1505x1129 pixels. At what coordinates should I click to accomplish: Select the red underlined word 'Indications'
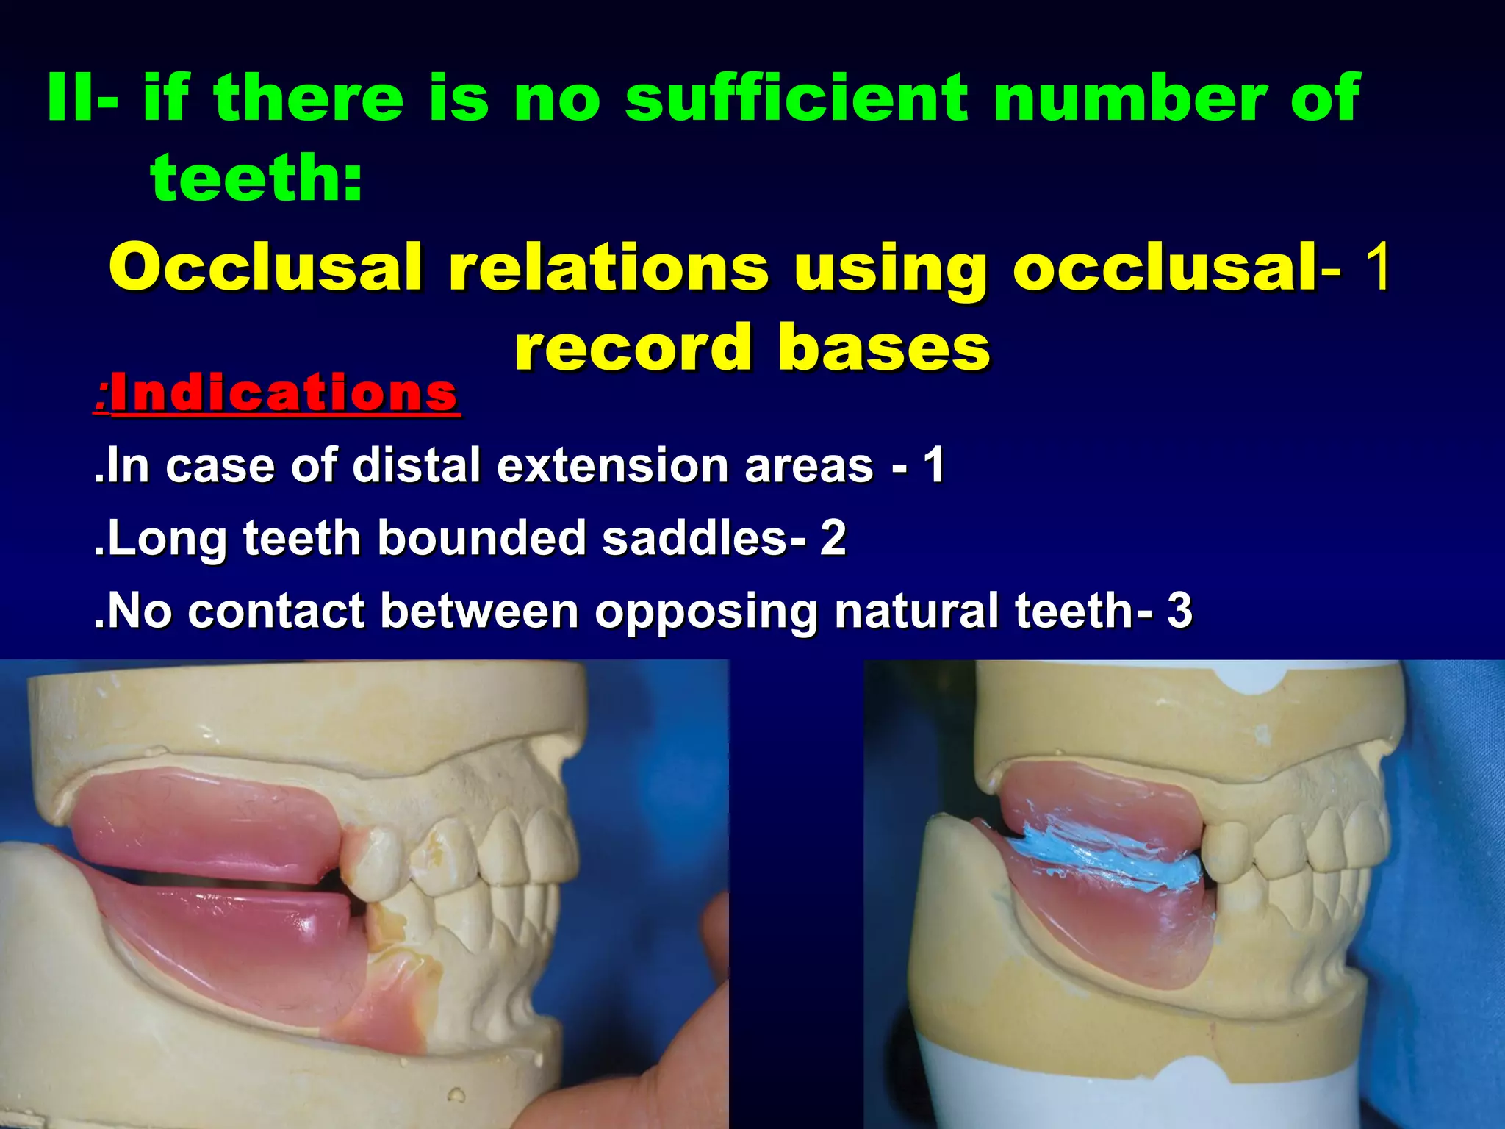[x=284, y=393]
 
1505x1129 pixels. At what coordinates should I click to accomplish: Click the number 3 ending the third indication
[x=1179, y=611]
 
